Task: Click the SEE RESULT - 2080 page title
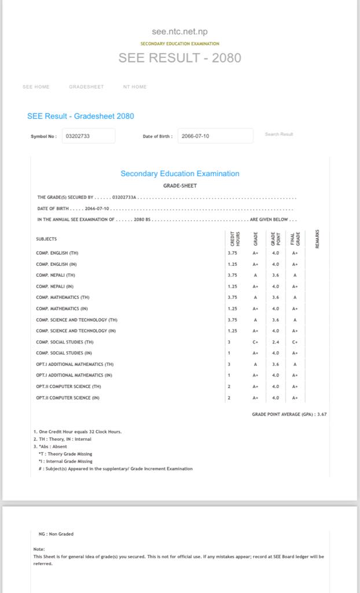[179, 58]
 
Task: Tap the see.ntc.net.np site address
[179, 32]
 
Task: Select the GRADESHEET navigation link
[86, 87]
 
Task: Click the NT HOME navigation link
[135, 87]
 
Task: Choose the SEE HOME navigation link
[36, 87]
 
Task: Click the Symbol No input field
[89, 136]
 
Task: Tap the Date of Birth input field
[215, 136]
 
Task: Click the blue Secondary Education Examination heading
[179, 174]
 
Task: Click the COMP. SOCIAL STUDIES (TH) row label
[65, 342]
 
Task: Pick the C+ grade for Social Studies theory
[255, 342]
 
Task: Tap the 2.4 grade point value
[275, 342]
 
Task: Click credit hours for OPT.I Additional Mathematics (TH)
[229, 364]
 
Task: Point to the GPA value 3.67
[322, 414]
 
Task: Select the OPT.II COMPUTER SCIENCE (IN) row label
[68, 398]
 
